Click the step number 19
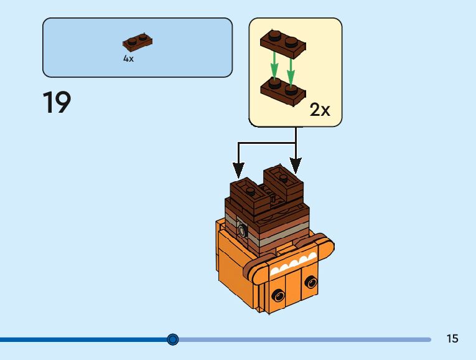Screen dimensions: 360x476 pyautogui.click(x=57, y=103)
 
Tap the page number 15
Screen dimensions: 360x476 pyautogui.click(x=452, y=339)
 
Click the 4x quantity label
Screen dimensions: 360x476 pyautogui.click(x=128, y=59)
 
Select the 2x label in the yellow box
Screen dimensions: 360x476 pyautogui.click(x=320, y=110)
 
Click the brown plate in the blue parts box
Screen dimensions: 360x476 pyautogui.click(x=138, y=42)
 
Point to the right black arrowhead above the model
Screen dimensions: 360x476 pyautogui.click(x=296, y=166)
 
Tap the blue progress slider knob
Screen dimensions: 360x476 pyautogui.click(x=173, y=339)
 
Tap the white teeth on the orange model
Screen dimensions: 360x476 pyautogui.click(x=292, y=265)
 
